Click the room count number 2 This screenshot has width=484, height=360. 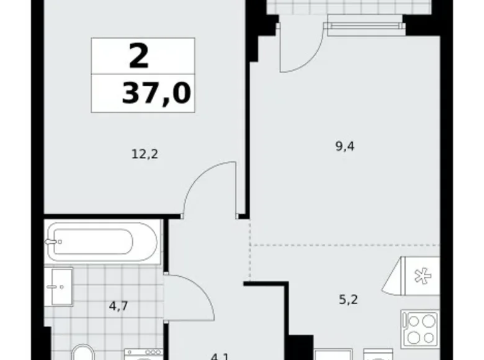point(140,56)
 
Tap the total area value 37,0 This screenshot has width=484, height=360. point(156,94)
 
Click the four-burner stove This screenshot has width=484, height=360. point(419,327)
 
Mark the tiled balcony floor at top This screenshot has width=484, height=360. point(347,7)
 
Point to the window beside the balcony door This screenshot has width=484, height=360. point(363,25)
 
